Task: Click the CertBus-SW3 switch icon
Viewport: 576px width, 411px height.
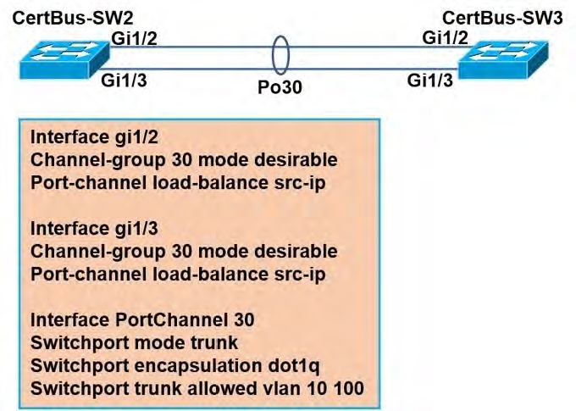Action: click(503, 58)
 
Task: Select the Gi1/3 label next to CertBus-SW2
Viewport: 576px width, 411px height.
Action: click(124, 81)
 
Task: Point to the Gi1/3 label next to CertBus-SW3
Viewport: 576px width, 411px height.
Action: click(431, 81)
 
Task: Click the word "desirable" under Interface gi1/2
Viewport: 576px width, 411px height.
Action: click(296, 160)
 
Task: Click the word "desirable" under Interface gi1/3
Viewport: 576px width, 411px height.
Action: click(296, 252)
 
